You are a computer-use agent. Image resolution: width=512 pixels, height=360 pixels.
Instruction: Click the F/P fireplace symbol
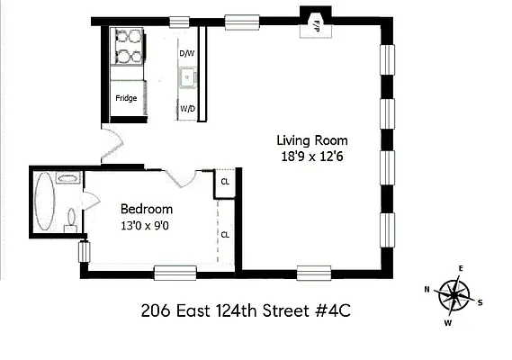[317, 26]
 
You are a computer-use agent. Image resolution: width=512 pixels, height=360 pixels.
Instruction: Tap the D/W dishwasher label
[186, 53]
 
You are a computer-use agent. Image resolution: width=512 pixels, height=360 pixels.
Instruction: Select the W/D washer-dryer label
[187, 109]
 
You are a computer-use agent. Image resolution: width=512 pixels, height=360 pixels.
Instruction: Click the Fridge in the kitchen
[126, 98]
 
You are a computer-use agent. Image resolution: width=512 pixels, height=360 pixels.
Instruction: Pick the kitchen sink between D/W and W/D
[187, 80]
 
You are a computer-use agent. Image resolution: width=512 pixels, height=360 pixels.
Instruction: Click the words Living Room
[311, 140]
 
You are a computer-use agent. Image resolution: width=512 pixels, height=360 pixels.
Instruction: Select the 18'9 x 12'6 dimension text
[311, 156]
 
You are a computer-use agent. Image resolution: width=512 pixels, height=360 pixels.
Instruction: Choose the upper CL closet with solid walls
[225, 184]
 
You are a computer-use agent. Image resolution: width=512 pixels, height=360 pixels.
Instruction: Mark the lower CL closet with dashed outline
[225, 234]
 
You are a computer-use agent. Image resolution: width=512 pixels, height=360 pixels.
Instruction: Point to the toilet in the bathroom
[70, 217]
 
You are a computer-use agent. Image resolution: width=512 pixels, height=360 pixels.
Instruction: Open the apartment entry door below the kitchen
[110, 142]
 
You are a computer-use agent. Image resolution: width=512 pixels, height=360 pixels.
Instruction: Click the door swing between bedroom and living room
[184, 177]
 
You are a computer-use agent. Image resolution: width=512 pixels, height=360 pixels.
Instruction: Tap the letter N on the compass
[427, 290]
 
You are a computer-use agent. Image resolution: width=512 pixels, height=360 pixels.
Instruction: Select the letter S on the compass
[481, 302]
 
